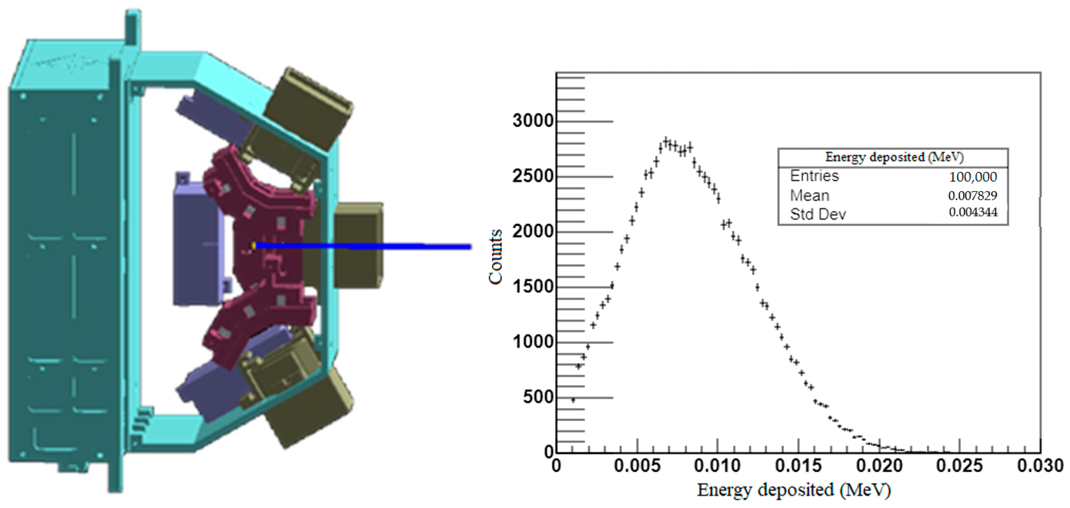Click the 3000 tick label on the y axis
click(533, 121)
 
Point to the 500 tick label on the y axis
click(538, 397)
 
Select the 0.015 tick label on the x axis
click(798, 465)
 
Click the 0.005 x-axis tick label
click(637, 465)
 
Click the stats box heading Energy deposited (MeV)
click(894, 157)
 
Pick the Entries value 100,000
click(973, 177)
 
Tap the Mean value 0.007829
click(972, 195)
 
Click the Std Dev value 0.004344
click(973, 212)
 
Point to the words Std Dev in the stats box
click(817, 214)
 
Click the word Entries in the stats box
click(814, 176)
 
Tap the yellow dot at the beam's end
click(253, 246)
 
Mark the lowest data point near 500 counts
click(573, 400)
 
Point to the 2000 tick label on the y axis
click(533, 231)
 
